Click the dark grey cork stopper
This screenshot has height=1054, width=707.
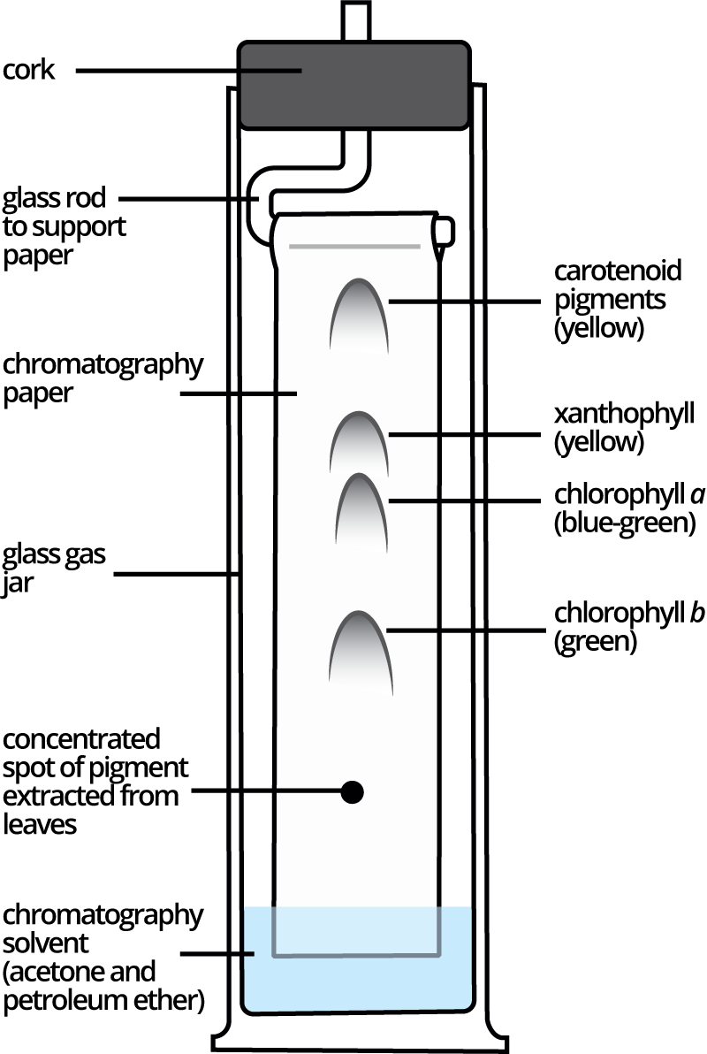[x=353, y=85]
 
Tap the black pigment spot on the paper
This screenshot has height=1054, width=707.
[x=353, y=792]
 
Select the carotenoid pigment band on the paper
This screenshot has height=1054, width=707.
[x=357, y=314]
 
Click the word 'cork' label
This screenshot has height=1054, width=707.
[x=29, y=70]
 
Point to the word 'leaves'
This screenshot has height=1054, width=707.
[x=41, y=824]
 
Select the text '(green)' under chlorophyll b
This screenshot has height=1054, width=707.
[x=595, y=641]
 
